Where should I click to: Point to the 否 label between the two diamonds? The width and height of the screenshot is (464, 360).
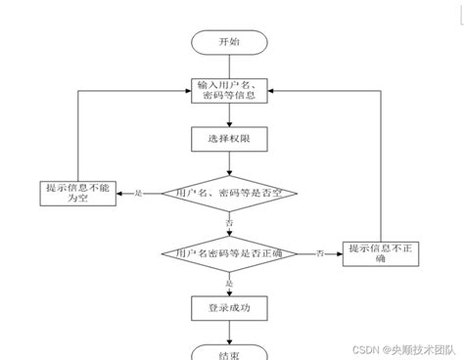(230, 224)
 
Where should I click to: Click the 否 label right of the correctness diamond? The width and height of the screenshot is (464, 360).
(320, 254)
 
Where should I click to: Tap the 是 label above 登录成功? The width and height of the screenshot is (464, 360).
(230, 283)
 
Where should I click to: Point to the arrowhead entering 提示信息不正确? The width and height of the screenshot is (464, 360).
(338, 254)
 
